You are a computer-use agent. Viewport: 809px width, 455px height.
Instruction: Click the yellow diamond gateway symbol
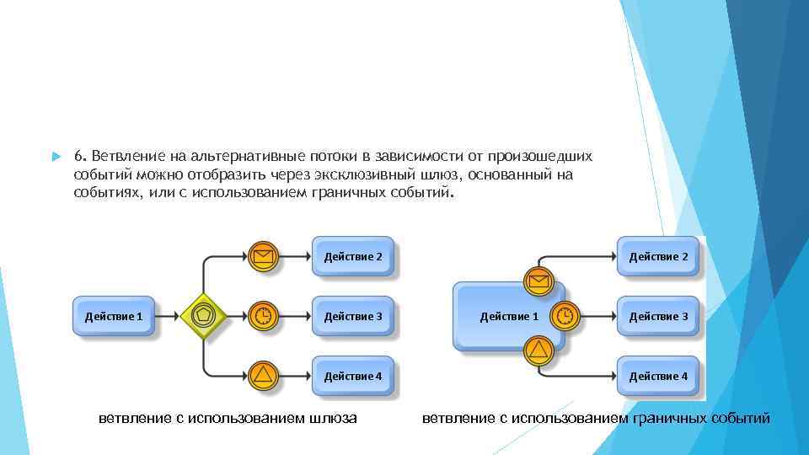pyautogui.click(x=202, y=316)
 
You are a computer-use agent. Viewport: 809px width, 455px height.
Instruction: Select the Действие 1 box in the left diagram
pyautogui.click(x=114, y=316)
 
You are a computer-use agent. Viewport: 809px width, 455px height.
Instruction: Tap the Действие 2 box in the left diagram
pyautogui.click(x=353, y=256)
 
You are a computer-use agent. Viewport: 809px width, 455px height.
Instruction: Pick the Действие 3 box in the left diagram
pyautogui.click(x=353, y=316)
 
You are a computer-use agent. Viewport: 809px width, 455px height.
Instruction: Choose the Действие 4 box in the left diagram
pyautogui.click(x=353, y=375)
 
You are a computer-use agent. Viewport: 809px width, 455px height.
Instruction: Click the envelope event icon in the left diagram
pyautogui.click(x=264, y=256)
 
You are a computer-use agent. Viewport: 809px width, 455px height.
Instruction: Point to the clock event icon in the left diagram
pyautogui.click(x=264, y=316)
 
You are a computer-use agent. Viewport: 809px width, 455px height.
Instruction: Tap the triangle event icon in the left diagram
pyautogui.click(x=264, y=375)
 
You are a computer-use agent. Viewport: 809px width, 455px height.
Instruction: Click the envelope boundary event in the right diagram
pyautogui.click(x=538, y=281)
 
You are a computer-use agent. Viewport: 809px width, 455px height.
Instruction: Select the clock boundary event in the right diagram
pyautogui.click(x=565, y=316)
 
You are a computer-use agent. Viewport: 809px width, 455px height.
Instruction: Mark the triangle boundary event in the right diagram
pyautogui.click(x=538, y=350)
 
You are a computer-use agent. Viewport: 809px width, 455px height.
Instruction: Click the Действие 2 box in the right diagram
pyautogui.click(x=659, y=256)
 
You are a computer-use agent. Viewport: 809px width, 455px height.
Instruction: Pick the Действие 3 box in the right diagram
pyautogui.click(x=659, y=316)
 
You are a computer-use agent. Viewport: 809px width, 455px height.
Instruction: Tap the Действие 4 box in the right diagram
pyautogui.click(x=659, y=375)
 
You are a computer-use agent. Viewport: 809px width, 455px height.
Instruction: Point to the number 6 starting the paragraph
pyautogui.click(x=78, y=157)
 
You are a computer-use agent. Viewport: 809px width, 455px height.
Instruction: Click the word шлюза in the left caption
pyautogui.click(x=333, y=418)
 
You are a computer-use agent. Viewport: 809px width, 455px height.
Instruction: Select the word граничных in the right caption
pyautogui.click(x=669, y=418)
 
